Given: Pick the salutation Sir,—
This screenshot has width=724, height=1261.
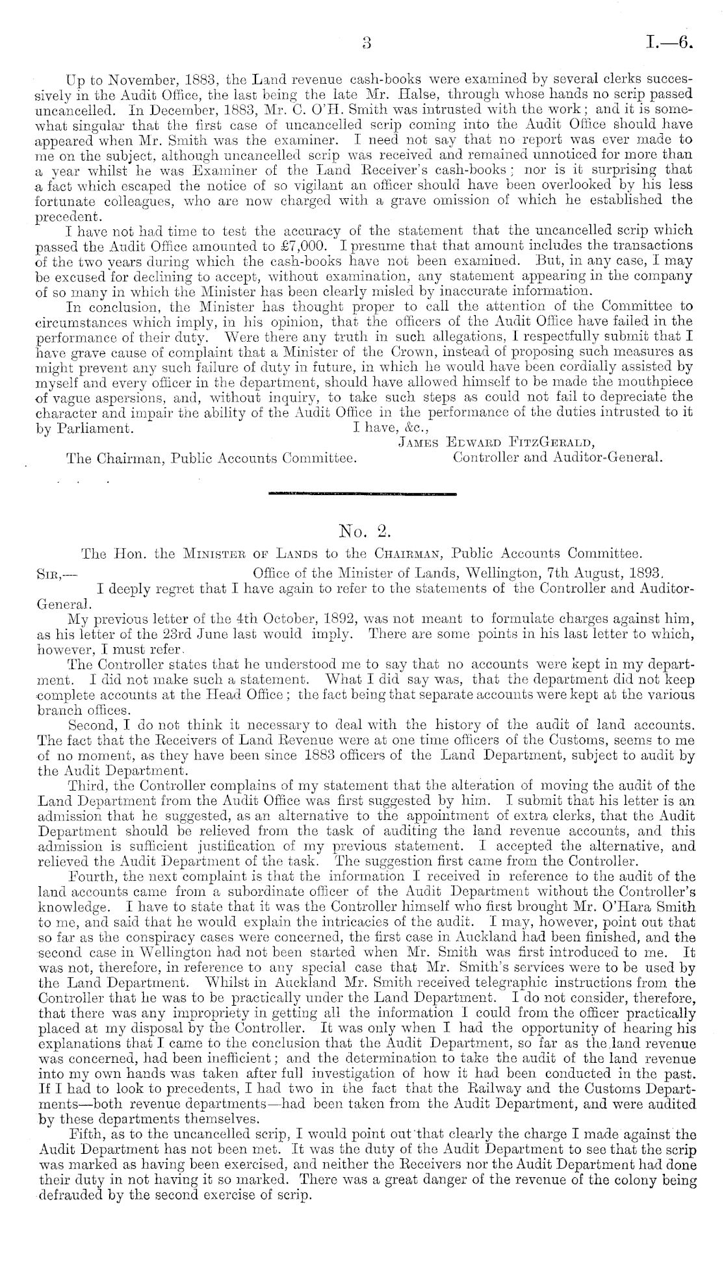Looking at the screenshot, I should coord(50,575).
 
